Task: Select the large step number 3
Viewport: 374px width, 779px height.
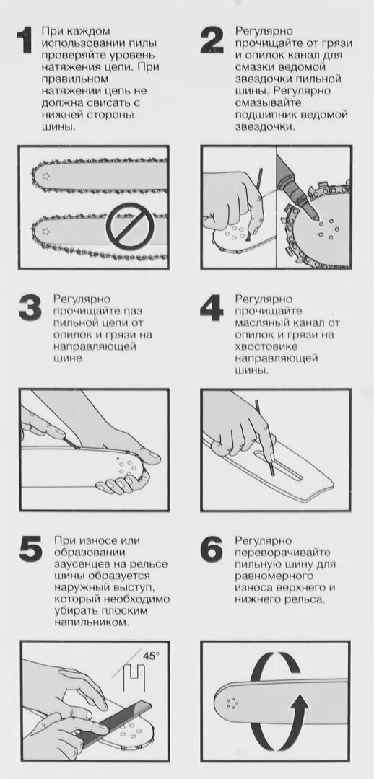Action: click(x=30, y=309)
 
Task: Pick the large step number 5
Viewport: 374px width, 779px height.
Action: click(x=31, y=550)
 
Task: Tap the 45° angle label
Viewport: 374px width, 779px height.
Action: click(x=152, y=655)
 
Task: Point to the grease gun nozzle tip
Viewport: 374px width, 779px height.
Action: click(x=314, y=219)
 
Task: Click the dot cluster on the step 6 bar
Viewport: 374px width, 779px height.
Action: click(x=232, y=703)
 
